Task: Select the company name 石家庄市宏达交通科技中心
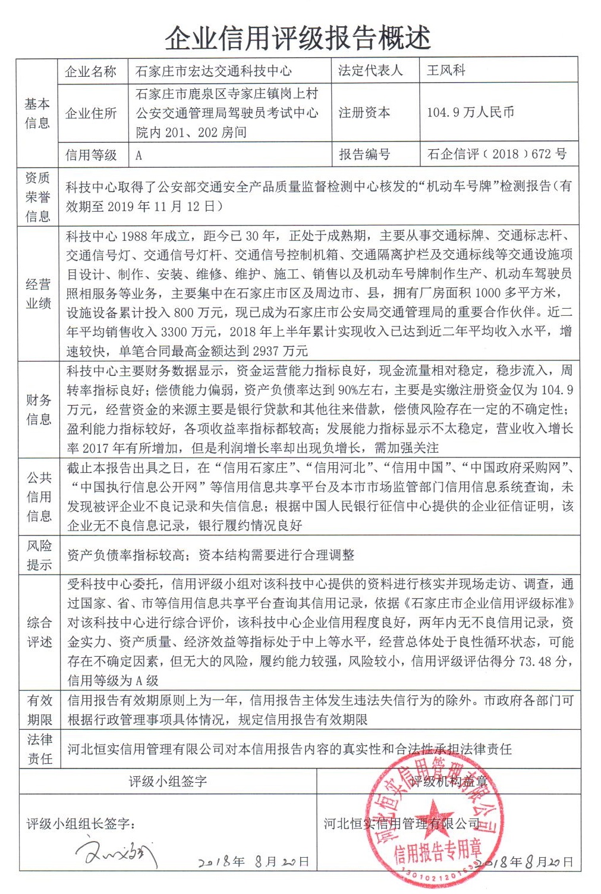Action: click(x=214, y=71)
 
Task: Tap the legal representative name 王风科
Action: click(x=446, y=70)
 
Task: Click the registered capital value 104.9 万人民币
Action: click(x=471, y=112)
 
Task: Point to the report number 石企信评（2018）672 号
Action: click(x=497, y=154)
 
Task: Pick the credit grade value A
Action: click(x=139, y=155)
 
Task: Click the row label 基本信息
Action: click(x=37, y=113)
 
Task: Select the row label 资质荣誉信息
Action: click(x=37, y=197)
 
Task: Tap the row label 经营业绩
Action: click(x=38, y=294)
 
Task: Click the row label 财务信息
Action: click(x=39, y=409)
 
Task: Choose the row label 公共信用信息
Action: click(x=39, y=497)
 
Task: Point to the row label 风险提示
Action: click(x=39, y=555)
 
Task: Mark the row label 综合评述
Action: click(x=40, y=632)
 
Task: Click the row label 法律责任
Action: click(x=40, y=749)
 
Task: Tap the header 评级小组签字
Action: click(x=168, y=781)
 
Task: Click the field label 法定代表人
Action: click(x=370, y=70)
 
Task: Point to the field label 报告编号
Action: click(x=364, y=155)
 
